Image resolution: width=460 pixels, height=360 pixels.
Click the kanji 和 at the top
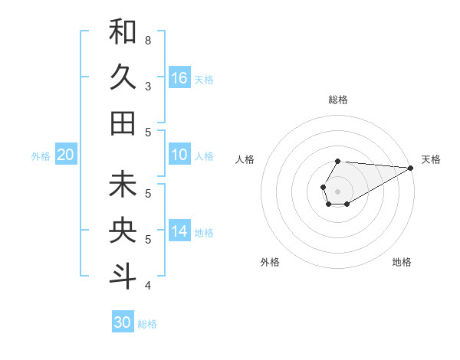[x=123, y=31]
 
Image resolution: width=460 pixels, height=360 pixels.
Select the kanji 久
[x=123, y=77]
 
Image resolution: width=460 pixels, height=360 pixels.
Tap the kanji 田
[x=123, y=123]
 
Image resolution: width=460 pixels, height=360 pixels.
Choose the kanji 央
[x=123, y=231]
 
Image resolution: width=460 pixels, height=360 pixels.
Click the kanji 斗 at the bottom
[x=123, y=277]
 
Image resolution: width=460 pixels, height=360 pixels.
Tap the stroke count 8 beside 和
[x=148, y=40]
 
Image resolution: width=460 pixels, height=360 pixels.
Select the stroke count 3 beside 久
[x=148, y=87]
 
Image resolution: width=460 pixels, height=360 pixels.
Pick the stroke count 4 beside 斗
[x=148, y=286]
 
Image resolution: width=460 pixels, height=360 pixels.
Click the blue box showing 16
[x=179, y=78]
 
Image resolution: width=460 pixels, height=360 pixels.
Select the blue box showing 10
[x=179, y=155]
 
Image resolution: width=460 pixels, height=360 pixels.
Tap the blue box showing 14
[x=179, y=231]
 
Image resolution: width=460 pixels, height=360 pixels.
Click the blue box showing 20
[x=66, y=155]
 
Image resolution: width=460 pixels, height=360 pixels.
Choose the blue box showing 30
[x=123, y=322]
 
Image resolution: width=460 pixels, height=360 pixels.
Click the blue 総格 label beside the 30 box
[x=147, y=324]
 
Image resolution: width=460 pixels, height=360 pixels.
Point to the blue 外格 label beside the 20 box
[x=41, y=156]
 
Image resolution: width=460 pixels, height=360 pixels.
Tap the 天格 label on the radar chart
[x=431, y=159]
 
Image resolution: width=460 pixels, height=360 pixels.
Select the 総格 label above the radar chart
[x=338, y=100]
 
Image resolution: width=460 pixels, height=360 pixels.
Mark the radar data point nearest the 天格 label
[x=411, y=167]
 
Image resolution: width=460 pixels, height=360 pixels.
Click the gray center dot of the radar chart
[x=337, y=190]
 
